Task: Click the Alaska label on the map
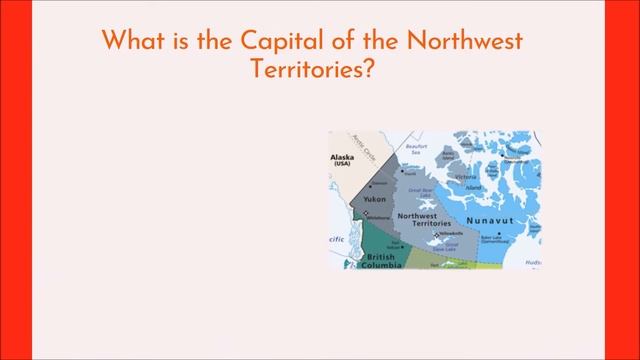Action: pos(344,157)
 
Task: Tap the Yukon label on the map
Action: pos(375,199)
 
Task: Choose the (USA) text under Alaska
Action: pos(344,165)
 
